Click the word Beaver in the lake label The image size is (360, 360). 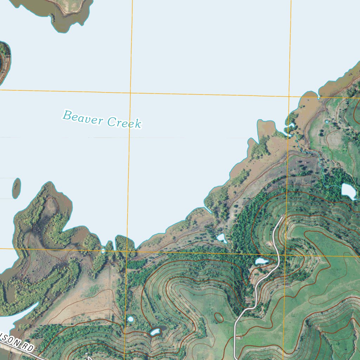click(x=83, y=118)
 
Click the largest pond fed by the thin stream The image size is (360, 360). click(x=348, y=191)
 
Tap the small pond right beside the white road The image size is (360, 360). click(x=262, y=261)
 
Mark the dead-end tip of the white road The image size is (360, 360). click(x=282, y=217)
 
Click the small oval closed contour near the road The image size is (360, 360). click(x=219, y=318)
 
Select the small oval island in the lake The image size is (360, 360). click(x=16, y=188)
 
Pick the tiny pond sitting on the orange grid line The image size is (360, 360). click(x=103, y=251)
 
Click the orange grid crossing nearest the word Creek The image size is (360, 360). click(x=130, y=93)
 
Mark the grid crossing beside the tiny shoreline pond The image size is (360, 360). click(x=127, y=251)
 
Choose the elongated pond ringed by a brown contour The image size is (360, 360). click(x=155, y=332)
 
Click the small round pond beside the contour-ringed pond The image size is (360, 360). click(x=130, y=319)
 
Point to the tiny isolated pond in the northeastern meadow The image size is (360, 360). click(x=327, y=122)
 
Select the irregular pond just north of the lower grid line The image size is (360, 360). click(x=221, y=238)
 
